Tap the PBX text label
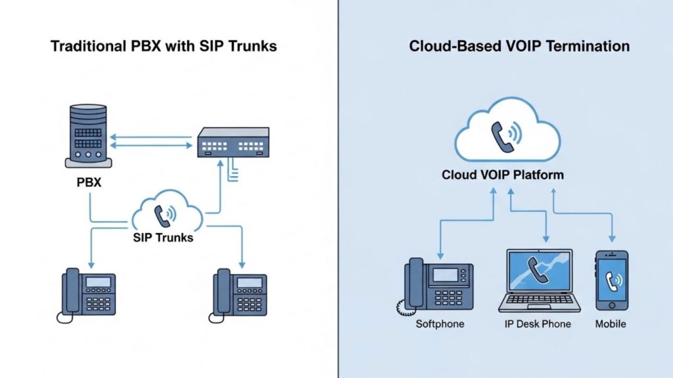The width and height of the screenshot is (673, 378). click(89, 182)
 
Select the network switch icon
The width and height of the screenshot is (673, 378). click(233, 142)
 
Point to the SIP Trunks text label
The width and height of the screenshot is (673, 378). click(162, 237)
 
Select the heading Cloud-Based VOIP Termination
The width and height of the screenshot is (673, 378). click(519, 46)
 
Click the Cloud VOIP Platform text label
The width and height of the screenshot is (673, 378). click(503, 175)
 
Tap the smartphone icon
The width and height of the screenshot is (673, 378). click(611, 280)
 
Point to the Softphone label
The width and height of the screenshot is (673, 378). click(440, 324)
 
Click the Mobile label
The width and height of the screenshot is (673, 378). click(611, 324)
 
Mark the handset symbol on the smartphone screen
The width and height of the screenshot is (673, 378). click(612, 280)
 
